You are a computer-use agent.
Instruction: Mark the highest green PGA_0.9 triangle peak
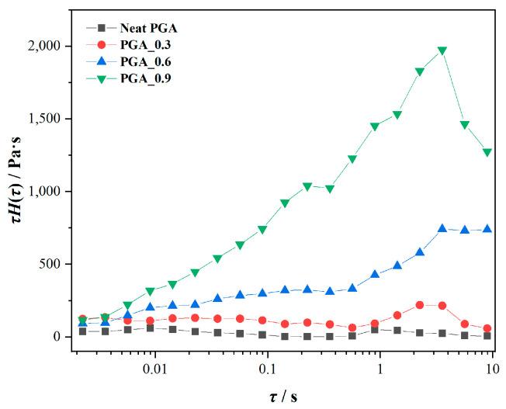click(442, 51)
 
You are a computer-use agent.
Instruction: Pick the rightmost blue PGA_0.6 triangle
click(487, 229)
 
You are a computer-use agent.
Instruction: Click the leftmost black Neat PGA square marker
click(83, 331)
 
